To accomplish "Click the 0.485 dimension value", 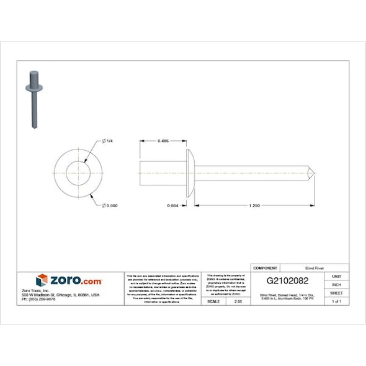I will [x=164, y=141].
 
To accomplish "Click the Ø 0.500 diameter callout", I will [x=110, y=205].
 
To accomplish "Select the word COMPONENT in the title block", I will [x=266, y=267].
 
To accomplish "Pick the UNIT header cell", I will [x=336, y=276].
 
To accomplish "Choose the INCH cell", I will [x=336, y=284].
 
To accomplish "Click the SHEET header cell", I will [x=336, y=293].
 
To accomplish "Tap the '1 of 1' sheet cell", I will [x=336, y=301].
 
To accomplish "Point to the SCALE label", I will [x=213, y=301].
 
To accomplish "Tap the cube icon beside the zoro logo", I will [x=42, y=280].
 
